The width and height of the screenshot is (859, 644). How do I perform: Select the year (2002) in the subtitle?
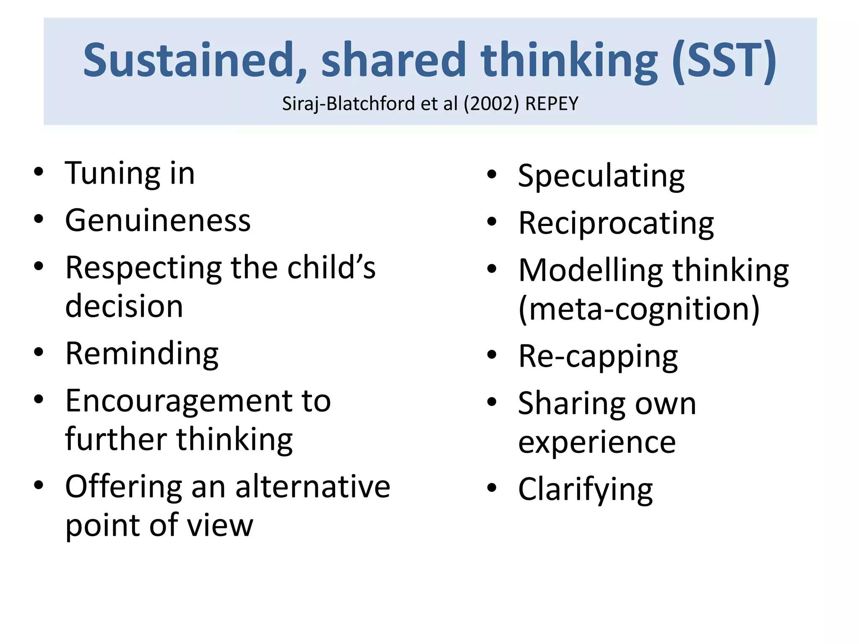(491, 104)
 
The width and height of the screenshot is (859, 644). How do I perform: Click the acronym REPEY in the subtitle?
(552, 104)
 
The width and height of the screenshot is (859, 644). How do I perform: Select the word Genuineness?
(158, 221)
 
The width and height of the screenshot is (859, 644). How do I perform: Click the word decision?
(124, 306)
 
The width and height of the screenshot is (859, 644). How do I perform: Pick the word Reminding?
(142, 354)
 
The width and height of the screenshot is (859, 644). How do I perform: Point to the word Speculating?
(601, 176)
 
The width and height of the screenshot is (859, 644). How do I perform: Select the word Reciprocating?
(616, 223)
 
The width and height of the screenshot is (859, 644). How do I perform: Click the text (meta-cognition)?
(639, 309)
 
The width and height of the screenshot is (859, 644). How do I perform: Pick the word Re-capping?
(598, 357)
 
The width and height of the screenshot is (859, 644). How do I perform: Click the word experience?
(597, 442)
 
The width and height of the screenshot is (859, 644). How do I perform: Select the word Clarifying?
(586, 490)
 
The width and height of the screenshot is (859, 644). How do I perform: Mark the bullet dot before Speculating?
(492, 174)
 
